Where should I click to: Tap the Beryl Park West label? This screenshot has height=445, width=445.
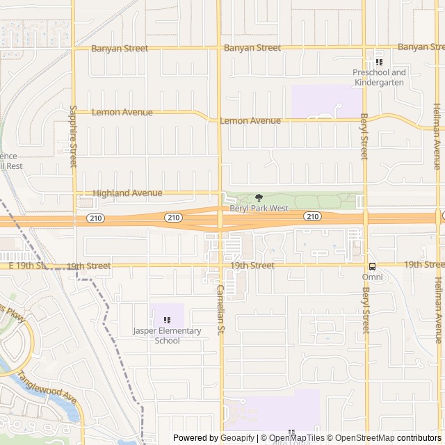pos(259,209)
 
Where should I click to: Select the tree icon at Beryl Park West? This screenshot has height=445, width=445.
pos(259,198)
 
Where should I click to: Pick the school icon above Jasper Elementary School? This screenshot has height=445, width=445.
pos(167,320)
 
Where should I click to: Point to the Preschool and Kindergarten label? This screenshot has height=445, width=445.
pos(379,77)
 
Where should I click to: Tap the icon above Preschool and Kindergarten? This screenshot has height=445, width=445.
pos(379,62)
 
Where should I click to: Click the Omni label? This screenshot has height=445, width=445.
pos(372,277)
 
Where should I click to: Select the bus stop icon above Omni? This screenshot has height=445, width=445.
pos(372,266)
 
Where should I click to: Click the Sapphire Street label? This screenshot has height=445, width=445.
pos(73,136)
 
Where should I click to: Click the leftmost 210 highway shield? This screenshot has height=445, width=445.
pos(95,218)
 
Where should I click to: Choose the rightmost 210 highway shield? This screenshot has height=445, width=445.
pos(312,217)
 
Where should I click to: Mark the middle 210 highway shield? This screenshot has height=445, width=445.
pos(173,218)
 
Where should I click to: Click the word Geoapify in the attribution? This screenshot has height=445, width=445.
pos(235,438)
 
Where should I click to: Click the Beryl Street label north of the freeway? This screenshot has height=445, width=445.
pos(364,136)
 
